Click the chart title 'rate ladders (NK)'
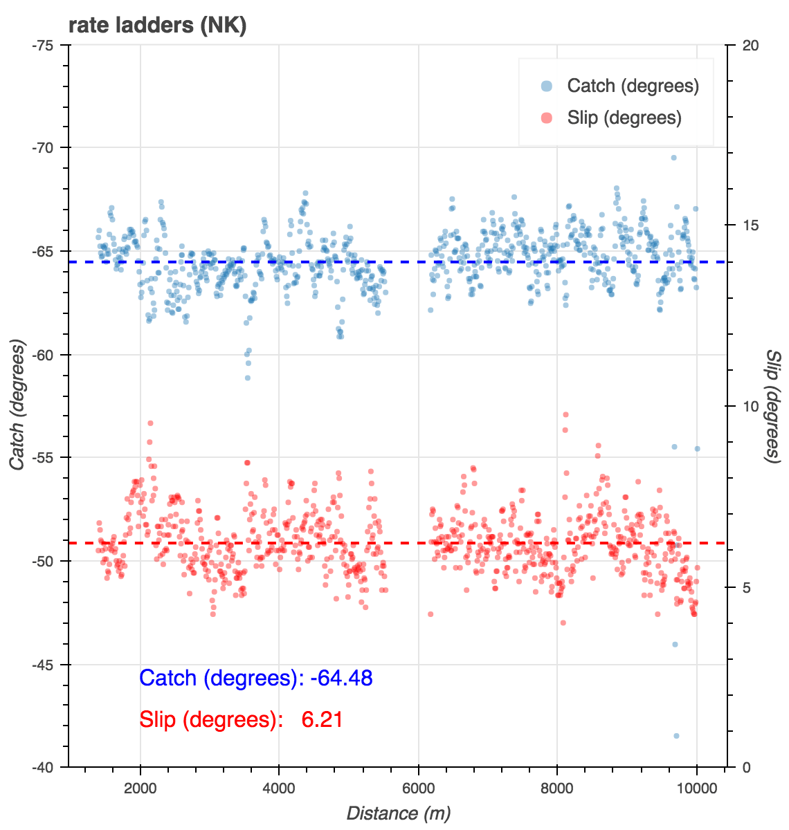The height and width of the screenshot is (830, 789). [x=157, y=26]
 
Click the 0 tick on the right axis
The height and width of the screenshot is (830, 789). [x=746, y=767]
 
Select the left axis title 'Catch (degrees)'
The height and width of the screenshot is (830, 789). [x=17, y=405]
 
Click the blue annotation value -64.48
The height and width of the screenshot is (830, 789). [x=341, y=678]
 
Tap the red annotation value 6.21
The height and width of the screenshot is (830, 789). [x=322, y=720]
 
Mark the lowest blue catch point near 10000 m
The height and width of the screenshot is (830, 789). [x=676, y=736]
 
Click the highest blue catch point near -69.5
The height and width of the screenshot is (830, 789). [x=673, y=158]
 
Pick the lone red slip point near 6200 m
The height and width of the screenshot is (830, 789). [x=430, y=614]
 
